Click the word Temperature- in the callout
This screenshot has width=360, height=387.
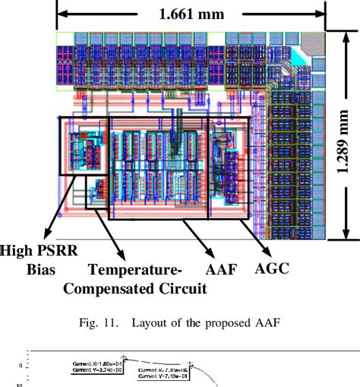(134, 270)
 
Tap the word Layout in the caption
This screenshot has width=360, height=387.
(151, 324)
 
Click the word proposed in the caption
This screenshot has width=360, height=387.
(221, 324)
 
